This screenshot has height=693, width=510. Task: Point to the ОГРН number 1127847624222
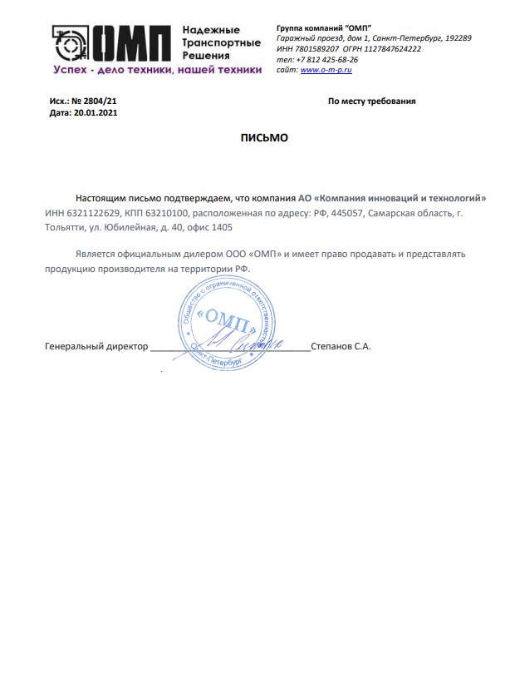click(394, 49)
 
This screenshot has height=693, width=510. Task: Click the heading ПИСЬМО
click(264, 137)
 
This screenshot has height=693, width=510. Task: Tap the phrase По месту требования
click(371, 101)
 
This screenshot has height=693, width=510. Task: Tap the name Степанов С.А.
click(341, 344)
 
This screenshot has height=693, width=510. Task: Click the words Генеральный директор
click(96, 344)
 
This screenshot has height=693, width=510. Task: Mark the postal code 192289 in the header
click(459, 38)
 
